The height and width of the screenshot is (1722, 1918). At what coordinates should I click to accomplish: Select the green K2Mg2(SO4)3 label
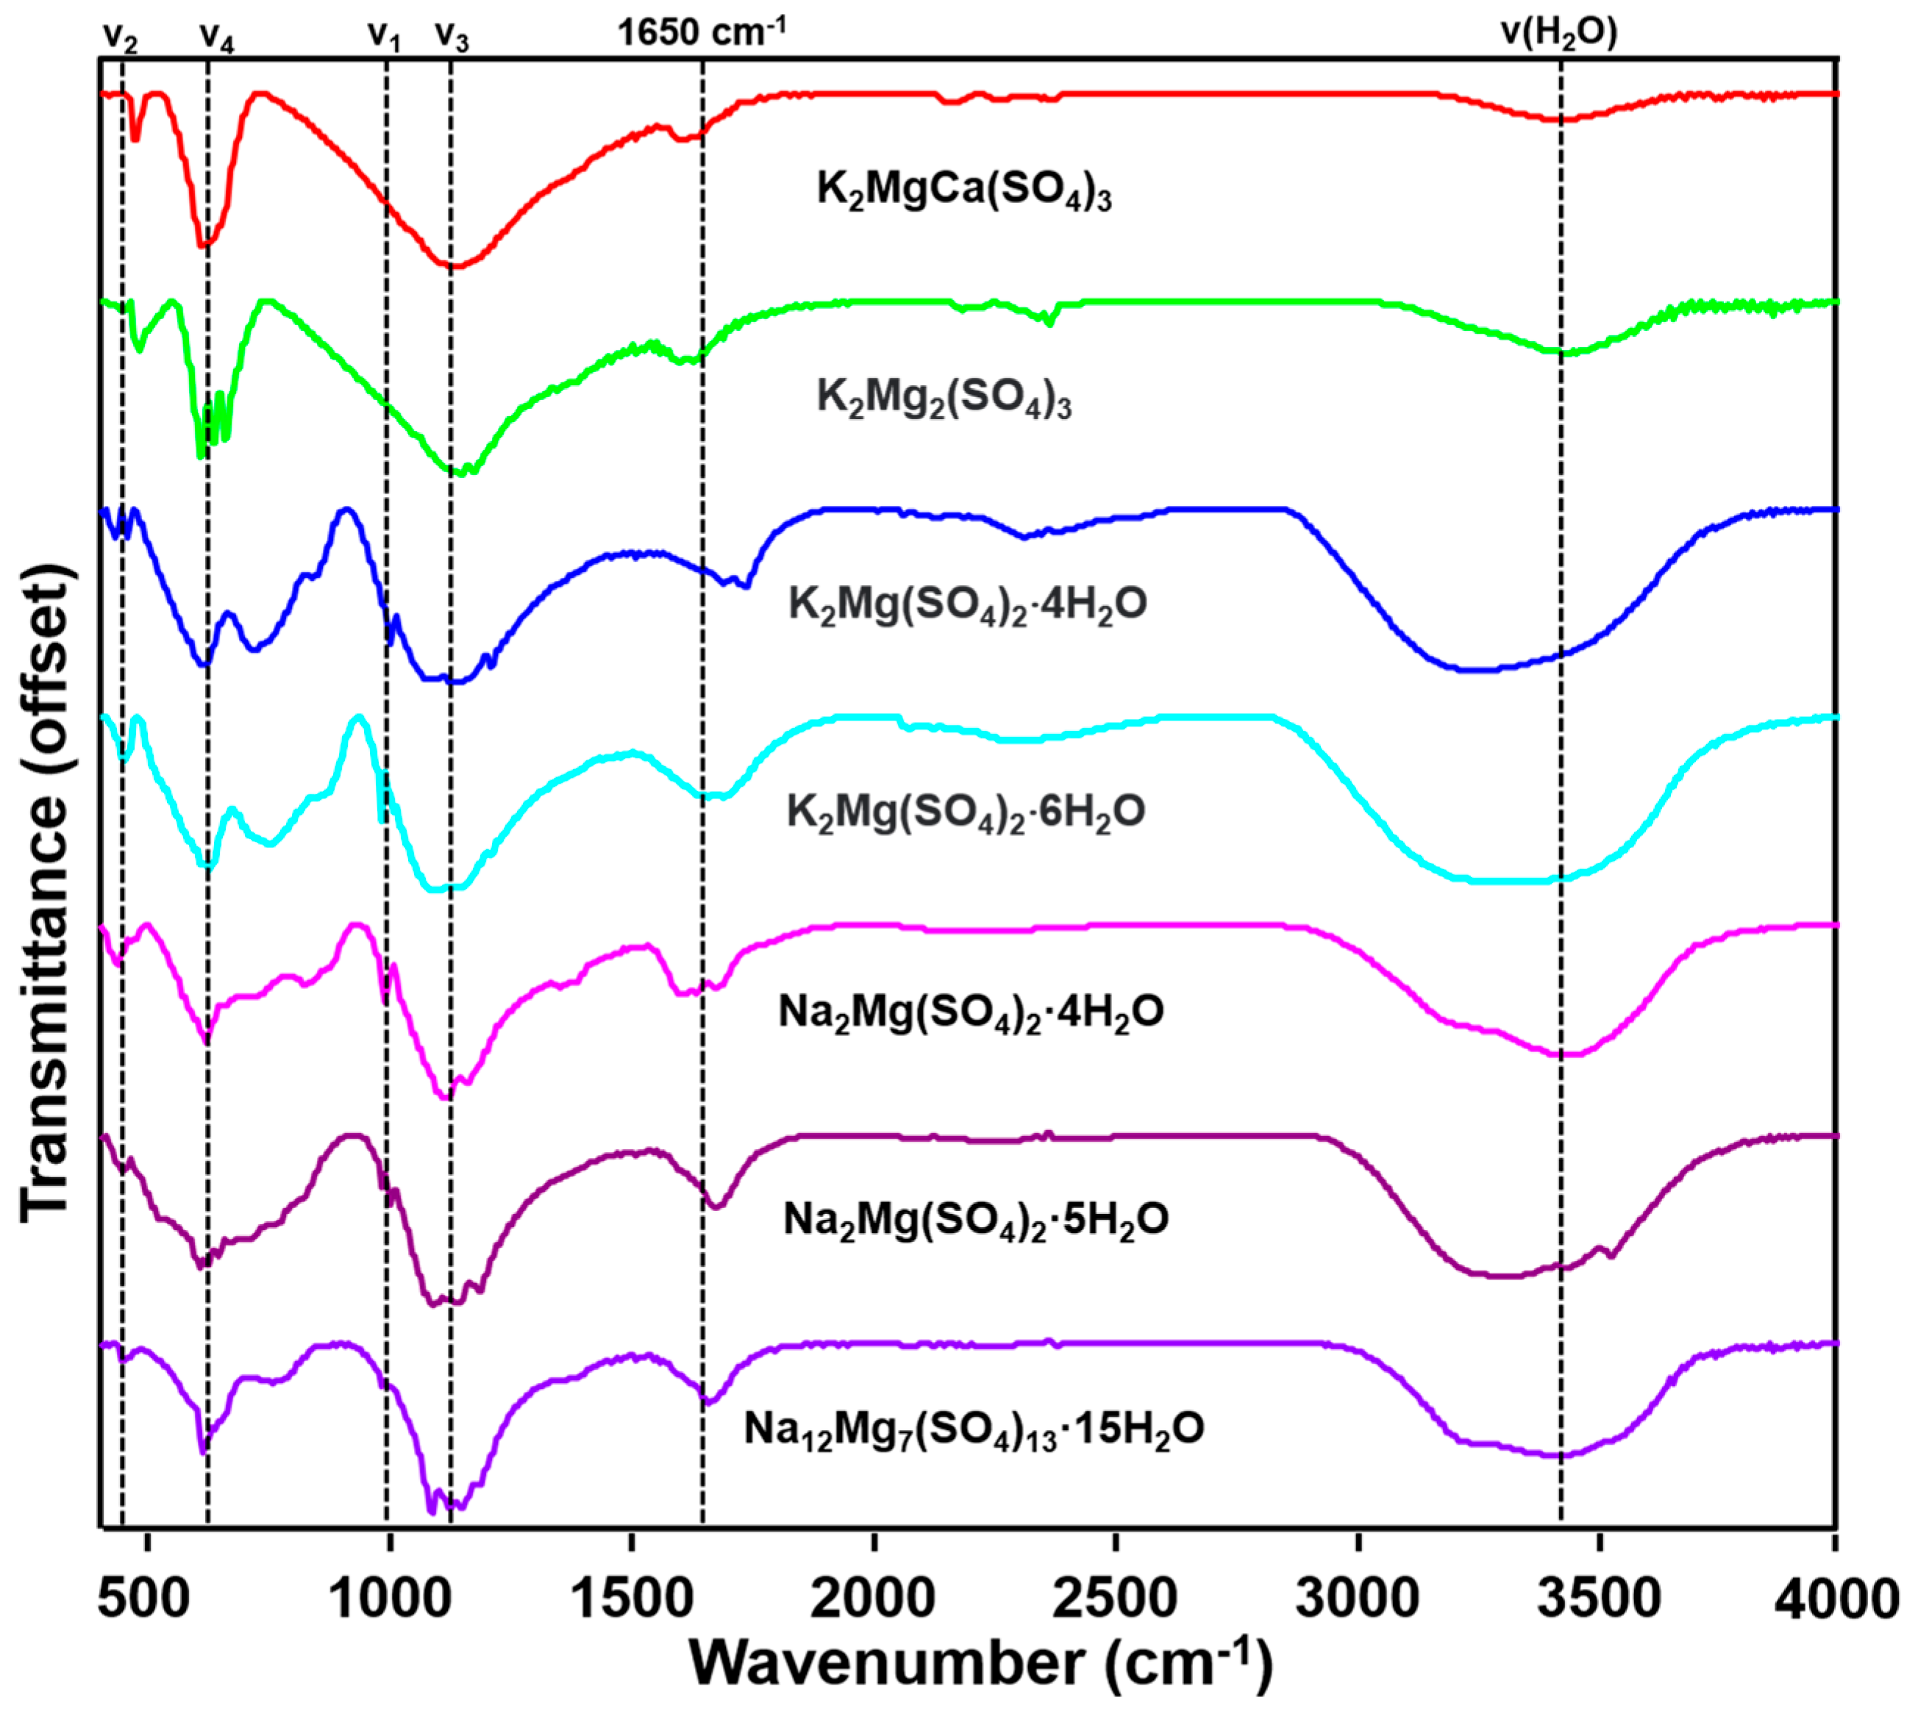pos(944,397)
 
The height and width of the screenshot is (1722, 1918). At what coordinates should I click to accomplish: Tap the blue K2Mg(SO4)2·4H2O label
pos(967,604)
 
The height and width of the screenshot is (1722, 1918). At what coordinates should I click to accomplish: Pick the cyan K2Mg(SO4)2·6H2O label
pos(965,812)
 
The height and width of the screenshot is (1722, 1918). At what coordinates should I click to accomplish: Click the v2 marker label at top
pos(120,36)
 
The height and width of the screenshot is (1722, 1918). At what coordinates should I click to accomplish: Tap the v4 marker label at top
pos(217,36)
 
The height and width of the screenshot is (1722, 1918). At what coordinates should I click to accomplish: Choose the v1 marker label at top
pos(384,36)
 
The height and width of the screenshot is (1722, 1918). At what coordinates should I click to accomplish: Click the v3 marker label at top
pos(452,36)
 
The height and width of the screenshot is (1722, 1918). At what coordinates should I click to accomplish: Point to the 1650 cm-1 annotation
pos(701,32)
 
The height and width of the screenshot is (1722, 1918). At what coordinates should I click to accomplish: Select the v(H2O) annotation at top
pos(1559,32)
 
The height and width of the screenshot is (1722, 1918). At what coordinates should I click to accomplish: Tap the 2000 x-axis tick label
pos(872,1598)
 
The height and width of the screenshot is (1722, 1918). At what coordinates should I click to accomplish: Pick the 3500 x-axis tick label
pos(1599,1598)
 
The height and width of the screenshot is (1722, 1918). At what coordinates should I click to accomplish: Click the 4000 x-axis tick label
pos(1836,1598)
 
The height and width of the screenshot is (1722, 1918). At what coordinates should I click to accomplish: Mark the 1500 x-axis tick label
pos(630,1598)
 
